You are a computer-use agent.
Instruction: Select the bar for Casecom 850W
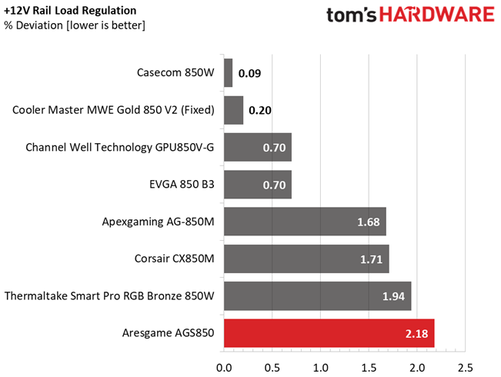(x=228, y=73)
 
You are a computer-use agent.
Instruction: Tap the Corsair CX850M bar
(x=306, y=259)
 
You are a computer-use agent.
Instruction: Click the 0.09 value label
(x=249, y=74)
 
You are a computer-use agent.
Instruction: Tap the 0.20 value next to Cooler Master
(x=260, y=111)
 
